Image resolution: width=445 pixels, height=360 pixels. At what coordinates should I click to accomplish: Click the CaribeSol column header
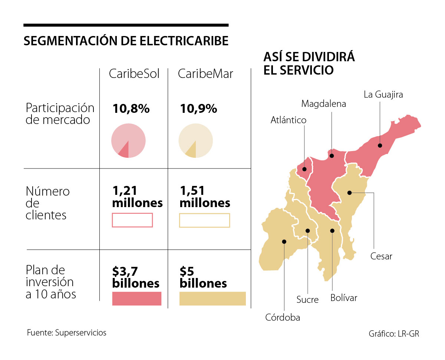tap(134, 74)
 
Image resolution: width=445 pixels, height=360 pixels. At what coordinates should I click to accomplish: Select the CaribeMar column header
tap(205, 74)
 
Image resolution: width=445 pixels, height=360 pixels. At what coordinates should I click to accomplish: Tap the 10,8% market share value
tap(131, 109)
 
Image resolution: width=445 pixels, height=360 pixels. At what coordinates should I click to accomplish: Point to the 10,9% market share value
tap(198, 109)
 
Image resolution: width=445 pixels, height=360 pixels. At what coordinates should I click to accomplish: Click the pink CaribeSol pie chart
tap(128, 141)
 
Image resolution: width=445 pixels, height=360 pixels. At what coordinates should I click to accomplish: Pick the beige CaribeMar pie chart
tap(195, 141)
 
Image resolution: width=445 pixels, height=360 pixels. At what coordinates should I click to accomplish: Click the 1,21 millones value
tap(137, 197)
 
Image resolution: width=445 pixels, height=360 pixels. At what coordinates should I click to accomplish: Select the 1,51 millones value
tap(205, 197)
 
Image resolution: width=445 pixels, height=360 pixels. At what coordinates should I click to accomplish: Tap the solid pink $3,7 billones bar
tap(136, 298)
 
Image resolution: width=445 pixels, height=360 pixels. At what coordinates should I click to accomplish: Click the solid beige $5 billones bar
tap(212, 298)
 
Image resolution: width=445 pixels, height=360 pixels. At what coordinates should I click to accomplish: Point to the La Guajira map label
tap(383, 95)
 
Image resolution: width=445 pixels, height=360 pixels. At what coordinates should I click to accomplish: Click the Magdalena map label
tap(323, 104)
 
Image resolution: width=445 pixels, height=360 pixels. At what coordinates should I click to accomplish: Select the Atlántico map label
tap(289, 120)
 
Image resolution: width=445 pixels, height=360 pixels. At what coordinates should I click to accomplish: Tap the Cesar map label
tap(381, 256)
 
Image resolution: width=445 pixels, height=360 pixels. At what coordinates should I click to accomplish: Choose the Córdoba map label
tap(283, 317)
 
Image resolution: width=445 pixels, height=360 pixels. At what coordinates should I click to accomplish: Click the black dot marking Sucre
tap(307, 231)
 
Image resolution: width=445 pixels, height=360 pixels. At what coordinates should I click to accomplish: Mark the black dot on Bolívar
tap(332, 231)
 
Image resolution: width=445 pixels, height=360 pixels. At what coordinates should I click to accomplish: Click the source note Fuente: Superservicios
tap(66, 333)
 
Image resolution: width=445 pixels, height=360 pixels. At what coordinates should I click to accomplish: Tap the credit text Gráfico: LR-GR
tap(394, 334)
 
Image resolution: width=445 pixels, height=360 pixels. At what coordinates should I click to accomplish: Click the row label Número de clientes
tap(48, 203)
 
